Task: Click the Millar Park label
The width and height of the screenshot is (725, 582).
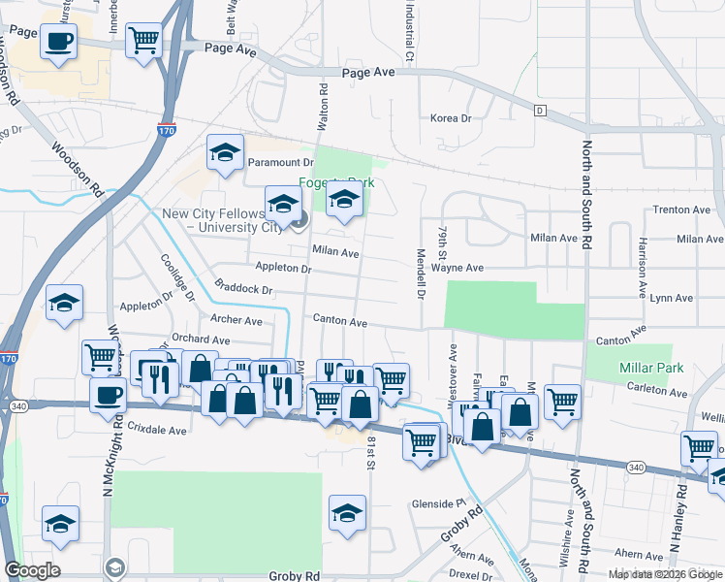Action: (653, 368)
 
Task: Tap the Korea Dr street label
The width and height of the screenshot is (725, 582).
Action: (450, 118)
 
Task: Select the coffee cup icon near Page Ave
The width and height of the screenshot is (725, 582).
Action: (58, 42)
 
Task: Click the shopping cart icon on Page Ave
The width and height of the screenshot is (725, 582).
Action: (144, 41)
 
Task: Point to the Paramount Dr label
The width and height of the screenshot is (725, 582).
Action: (281, 163)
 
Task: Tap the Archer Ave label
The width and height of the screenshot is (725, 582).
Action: (236, 320)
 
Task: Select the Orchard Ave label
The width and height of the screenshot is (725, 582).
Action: (201, 340)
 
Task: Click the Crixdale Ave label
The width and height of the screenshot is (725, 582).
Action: (157, 429)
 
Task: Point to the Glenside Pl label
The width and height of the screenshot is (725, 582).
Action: (439, 503)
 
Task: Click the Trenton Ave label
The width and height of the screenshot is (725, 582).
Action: (683, 210)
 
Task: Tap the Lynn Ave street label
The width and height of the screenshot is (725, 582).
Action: (671, 298)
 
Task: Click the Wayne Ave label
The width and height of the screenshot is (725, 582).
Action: (457, 268)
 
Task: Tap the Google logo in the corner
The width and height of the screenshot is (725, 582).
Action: (32, 570)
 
